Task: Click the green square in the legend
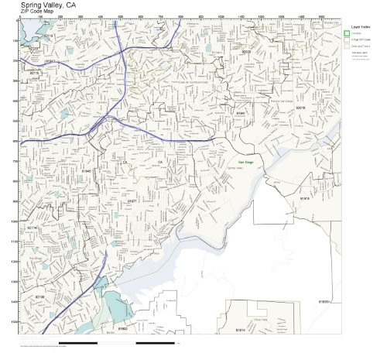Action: click(x=348, y=33)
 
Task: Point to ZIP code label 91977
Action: click(x=132, y=201)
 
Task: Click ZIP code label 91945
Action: click(x=87, y=170)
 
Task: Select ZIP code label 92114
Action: click(x=33, y=228)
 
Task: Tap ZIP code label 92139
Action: click(x=39, y=297)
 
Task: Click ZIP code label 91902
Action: click(x=122, y=329)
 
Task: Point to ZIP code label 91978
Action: click(x=305, y=198)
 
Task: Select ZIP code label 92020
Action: click(x=246, y=52)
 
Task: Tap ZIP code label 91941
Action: click(x=241, y=113)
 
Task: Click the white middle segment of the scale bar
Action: click(x=116, y=341)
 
